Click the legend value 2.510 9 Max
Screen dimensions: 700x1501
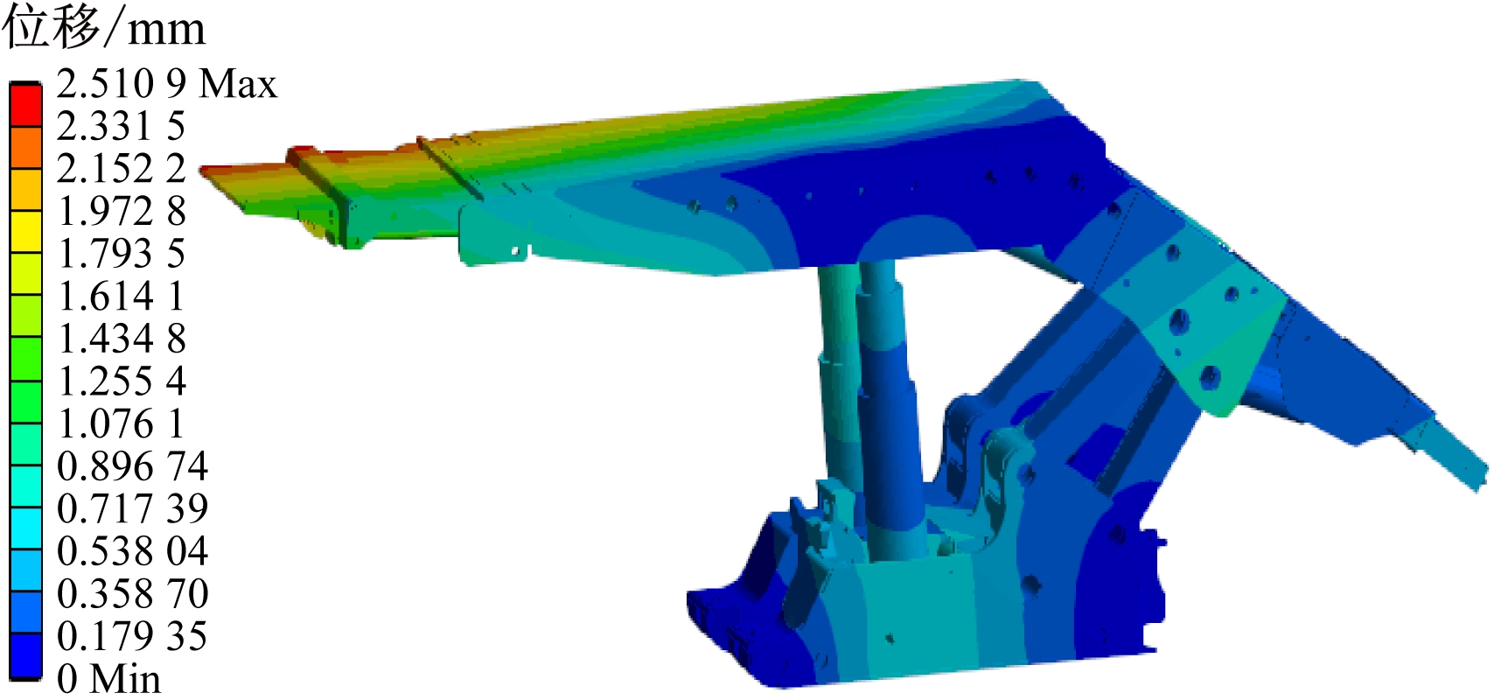pyautogui.click(x=166, y=84)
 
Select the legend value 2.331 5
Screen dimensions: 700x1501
pyautogui.click(x=121, y=127)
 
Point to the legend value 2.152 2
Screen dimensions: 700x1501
pyautogui.click(x=121, y=169)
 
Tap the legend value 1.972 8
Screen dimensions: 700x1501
pyautogui.click(x=121, y=212)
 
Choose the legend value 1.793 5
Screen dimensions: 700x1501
pyautogui.click(x=121, y=254)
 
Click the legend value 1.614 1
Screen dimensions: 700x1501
pyautogui.click(x=121, y=297)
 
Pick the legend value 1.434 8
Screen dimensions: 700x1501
pyautogui.click(x=121, y=339)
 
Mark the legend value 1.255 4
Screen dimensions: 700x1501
pyautogui.click(x=121, y=381)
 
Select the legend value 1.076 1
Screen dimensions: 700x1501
pyautogui.click(x=121, y=424)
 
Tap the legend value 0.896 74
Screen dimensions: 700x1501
pyautogui.click(x=132, y=466)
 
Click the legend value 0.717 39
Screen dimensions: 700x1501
pyautogui.click(x=132, y=508)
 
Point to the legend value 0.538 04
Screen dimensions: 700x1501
pyautogui.click(x=132, y=551)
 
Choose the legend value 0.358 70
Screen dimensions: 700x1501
pyautogui.click(x=132, y=594)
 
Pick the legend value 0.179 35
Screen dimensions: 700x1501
pyautogui.click(x=132, y=636)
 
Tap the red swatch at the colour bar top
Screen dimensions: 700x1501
pyautogui.click(x=25, y=106)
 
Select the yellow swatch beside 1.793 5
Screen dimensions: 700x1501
pyautogui.click(x=25, y=232)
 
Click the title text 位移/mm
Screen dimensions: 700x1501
pyautogui.click(x=103, y=28)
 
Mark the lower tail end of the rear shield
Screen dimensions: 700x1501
pyautogui.click(x=1474, y=477)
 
